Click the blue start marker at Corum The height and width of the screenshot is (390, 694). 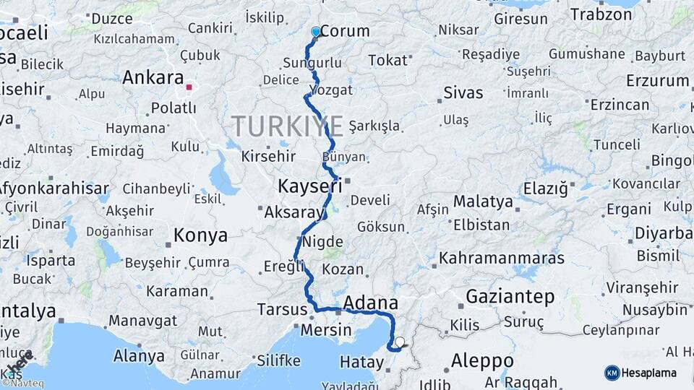pos(316,32)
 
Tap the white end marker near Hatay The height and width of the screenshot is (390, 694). pos(400,342)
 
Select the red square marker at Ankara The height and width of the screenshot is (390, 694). pos(189,87)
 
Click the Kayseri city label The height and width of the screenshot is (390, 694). pos(309,187)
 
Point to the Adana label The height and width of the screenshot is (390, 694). pos(371,303)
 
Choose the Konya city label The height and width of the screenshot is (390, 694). pos(200,235)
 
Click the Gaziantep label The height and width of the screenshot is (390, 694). pos(510,297)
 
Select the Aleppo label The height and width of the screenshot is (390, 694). pos(482,360)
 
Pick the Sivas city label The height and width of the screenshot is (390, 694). pos(463,93)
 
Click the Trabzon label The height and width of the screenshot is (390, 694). pos(601,14)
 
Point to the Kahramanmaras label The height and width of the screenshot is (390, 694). pos(502,258)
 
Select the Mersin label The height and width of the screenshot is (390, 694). pos(325,330)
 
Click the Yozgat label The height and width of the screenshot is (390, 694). pos(330,90)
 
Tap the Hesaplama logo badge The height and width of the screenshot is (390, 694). pos(641,373)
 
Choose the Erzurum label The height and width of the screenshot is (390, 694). pos(657,80)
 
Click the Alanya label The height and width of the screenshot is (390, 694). pos(139,356)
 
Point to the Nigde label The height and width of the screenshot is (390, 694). pos(322,241)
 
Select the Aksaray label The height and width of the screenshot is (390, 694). pos(293,212)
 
